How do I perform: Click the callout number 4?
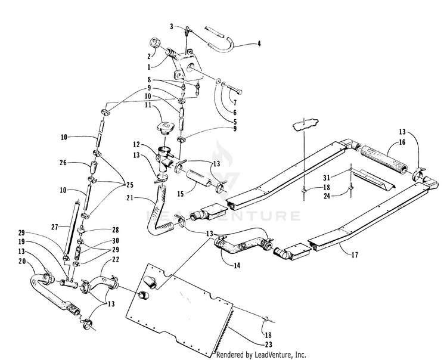coord(259,44)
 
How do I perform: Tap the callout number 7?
coord(235,103)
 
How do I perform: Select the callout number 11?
coord(148,105)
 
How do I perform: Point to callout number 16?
coord(402,142)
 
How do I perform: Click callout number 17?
coord(355,255)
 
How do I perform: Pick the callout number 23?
coord(269,345)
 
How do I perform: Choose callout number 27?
coord(55,227)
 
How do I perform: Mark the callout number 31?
coord(327,178)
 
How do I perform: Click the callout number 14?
coord(237,265)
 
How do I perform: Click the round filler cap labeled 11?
coord(164,128)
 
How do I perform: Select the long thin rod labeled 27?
coord(72,227)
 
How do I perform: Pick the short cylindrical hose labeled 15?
coord(199,178)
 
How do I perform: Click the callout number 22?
coord(116,260)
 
